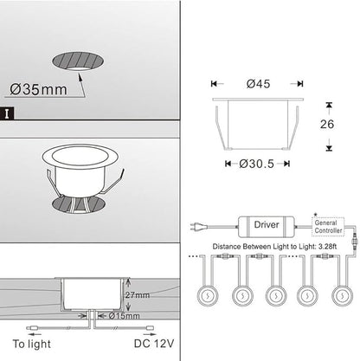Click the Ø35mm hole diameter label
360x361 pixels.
coord(38,89)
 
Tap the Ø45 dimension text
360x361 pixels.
coord(258,84)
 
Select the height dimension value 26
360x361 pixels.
coord(327,124)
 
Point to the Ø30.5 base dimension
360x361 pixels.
coord(256,164)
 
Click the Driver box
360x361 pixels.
coord(267,227)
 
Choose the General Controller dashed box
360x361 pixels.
coord(329,227)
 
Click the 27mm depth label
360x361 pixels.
coord(138,295)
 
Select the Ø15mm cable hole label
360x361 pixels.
coord(125,316)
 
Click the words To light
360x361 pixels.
coord(32,344)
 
